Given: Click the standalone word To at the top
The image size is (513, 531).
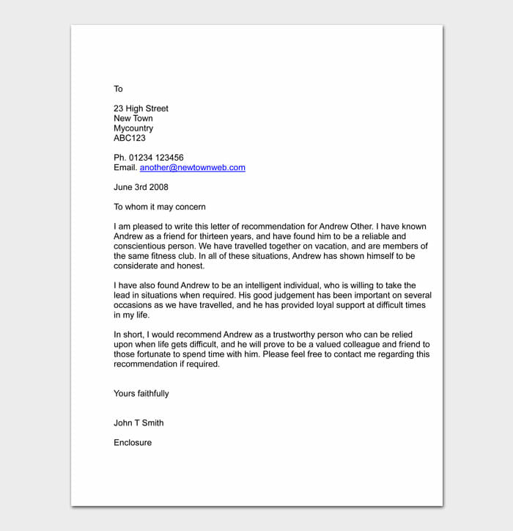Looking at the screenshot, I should point(118,89).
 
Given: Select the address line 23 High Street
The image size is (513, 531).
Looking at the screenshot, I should point(141,109).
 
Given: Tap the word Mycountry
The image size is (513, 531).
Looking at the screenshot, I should point(133,128).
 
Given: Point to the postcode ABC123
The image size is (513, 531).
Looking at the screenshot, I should point(130,138).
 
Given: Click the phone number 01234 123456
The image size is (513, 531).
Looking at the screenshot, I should point(156,158).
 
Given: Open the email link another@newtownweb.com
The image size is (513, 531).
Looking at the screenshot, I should point(192,167).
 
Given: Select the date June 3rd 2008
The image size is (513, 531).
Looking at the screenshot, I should point(141,187).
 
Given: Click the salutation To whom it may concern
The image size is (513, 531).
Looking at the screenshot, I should point(160,207).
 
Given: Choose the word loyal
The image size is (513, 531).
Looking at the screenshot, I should point(300,305).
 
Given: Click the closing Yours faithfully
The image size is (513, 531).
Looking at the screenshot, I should point(141,394).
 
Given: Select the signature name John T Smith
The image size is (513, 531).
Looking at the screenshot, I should point(139,423).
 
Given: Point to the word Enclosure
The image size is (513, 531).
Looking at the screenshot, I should point(133,442).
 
